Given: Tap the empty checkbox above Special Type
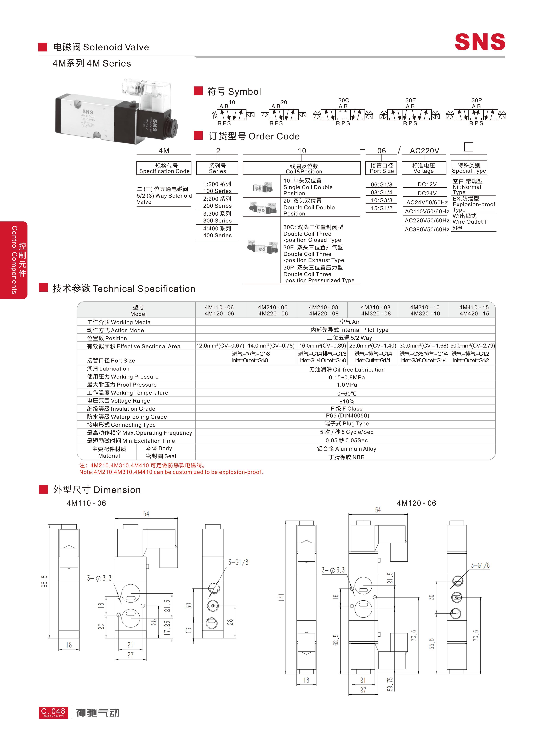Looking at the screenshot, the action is point(468,147).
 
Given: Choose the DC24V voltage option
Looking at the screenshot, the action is point(427,193).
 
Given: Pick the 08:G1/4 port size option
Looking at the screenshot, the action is point(381,192).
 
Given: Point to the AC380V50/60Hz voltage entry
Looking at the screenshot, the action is point(427,229).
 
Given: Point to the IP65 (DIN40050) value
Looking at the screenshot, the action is point(346,416).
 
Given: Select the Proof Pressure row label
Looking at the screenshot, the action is point(122,385).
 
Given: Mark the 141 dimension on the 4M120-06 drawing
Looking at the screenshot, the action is point(281,597).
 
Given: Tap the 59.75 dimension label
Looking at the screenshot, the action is point(390,684).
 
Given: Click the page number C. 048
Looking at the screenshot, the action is point(53,711).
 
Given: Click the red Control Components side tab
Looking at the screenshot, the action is point(14,260).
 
